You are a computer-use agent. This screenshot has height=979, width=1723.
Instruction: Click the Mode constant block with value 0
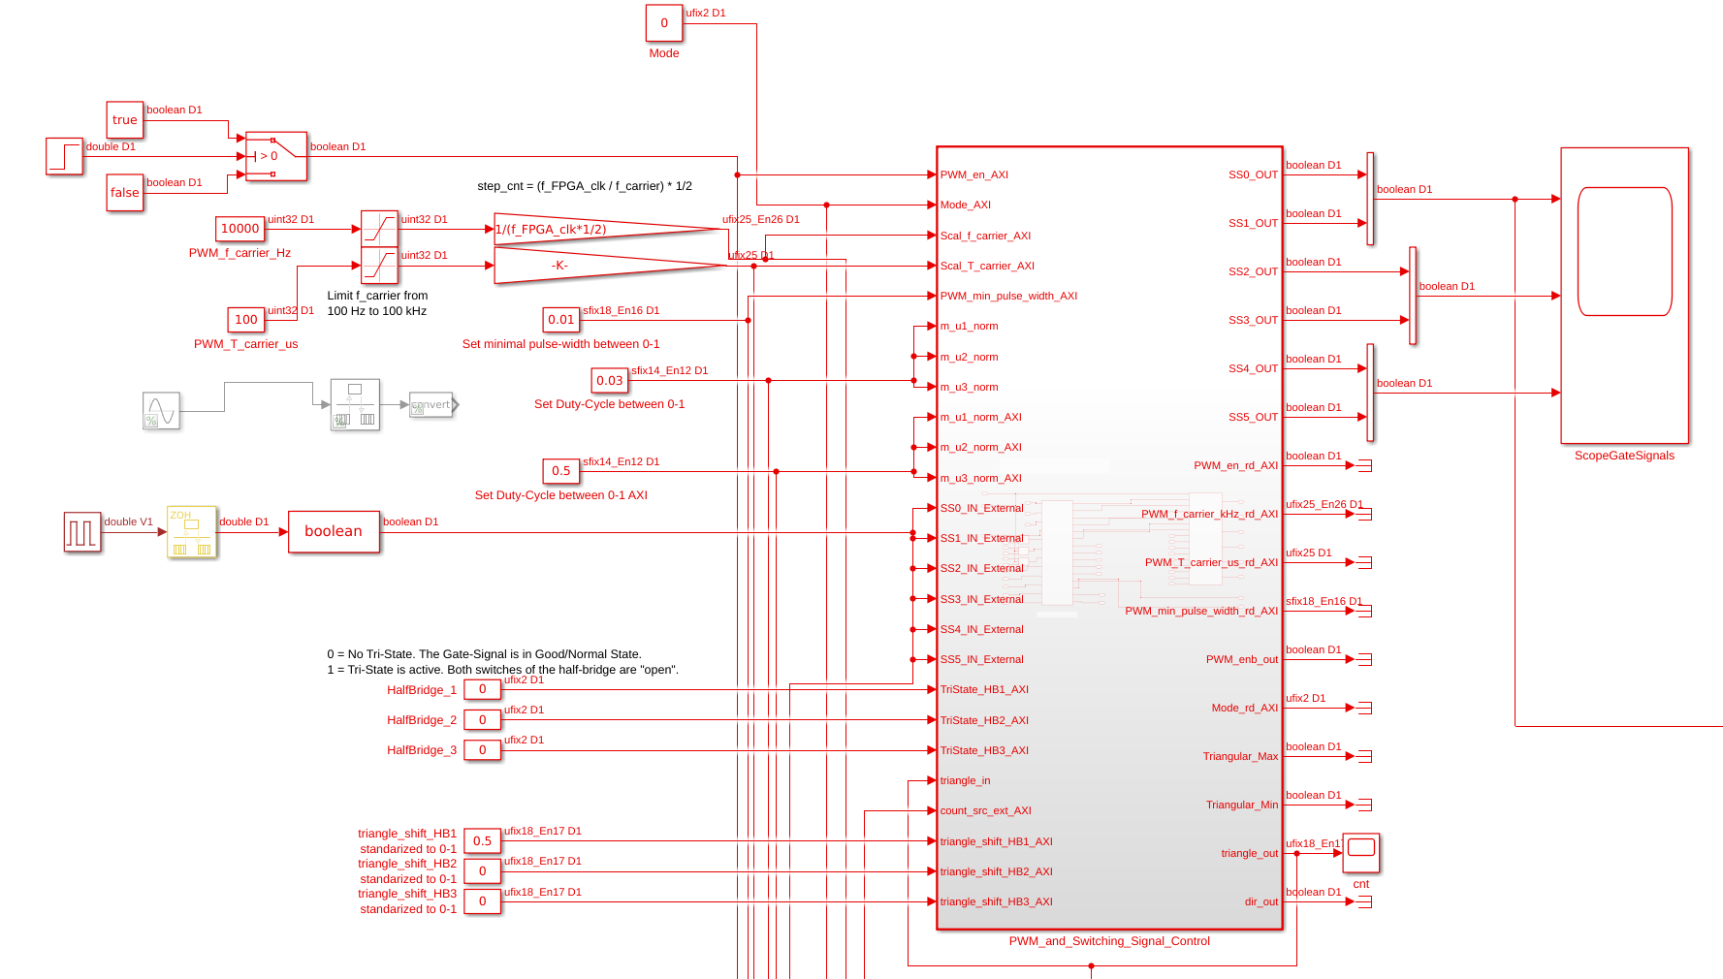point(664,23)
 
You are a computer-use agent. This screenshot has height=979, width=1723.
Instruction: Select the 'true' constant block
point(125,120)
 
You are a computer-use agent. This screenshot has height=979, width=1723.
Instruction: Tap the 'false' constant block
point(125,193)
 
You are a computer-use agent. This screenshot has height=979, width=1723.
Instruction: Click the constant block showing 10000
point(239,229)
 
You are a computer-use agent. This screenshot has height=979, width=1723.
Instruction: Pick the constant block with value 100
point(246,320)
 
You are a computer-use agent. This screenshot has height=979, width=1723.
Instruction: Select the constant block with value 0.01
point(561,320)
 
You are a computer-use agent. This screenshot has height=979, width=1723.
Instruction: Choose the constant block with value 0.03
point(610,381)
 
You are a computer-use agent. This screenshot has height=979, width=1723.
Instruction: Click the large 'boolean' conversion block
point(334,532)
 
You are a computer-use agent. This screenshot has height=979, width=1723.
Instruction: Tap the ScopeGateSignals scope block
point(1624,296)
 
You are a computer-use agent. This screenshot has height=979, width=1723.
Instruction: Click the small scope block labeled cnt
point(1361,852)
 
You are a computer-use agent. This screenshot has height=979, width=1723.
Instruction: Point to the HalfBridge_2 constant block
point(482,720)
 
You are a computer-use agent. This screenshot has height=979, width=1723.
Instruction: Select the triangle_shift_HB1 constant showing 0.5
point(482,841)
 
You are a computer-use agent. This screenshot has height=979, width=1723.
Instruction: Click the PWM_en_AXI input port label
point(974,175)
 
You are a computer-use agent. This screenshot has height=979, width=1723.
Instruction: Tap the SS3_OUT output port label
point(1253,320)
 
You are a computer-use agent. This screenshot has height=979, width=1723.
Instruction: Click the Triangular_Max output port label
point(1240,756)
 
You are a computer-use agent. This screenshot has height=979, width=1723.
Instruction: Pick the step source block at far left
point(64,156)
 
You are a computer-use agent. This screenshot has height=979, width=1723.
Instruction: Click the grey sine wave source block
point(161,411)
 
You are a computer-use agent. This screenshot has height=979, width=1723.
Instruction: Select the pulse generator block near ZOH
point(82,532)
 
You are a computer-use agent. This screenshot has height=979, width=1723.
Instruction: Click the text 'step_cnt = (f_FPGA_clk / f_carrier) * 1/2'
point(585,186)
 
